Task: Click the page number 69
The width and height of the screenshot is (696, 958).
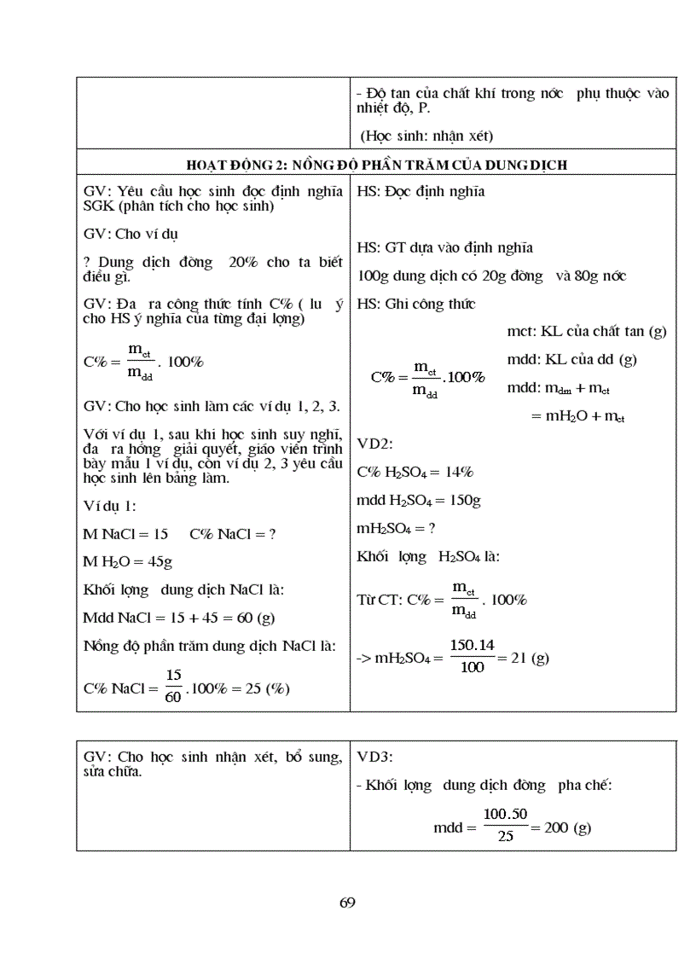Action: [x=347, y=903]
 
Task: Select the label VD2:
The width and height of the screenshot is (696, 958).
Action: [x=374, y=444]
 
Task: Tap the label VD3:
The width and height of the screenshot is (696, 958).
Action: [x=374, y=756]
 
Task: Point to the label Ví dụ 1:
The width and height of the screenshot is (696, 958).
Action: [x=109, y=506]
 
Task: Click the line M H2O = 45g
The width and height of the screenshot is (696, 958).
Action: [x=130, y=561]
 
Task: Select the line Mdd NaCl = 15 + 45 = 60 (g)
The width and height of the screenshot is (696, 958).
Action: [x=178, y=617]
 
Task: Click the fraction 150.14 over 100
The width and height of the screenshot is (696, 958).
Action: [x=472, y=657]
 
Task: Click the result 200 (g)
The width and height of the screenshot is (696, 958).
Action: [x=567, y=827]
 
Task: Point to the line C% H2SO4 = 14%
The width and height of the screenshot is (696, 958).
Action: [x=415, y=472]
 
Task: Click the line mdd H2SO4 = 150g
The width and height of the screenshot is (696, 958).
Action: [x=418, y=500]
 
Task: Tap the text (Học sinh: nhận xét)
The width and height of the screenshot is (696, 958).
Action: [x=427, y=136]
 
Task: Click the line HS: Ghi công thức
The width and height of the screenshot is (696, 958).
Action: [x=415, y=304]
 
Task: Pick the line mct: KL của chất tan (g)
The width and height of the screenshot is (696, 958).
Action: [x=586, y=331]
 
